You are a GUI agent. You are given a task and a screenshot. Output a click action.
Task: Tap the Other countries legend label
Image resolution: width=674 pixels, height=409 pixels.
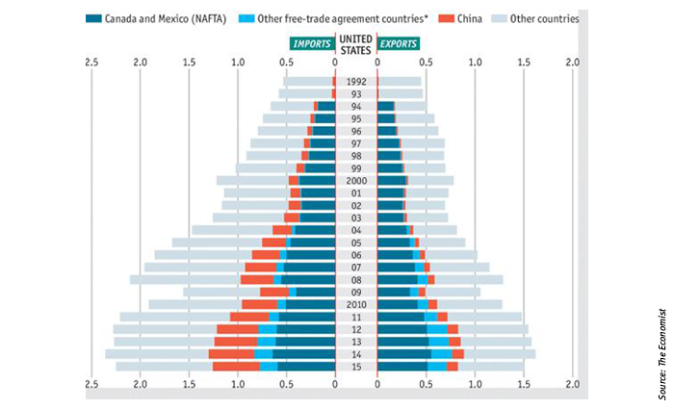(545, 18)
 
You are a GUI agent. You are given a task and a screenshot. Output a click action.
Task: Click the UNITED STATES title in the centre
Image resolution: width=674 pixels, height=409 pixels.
(356, 44)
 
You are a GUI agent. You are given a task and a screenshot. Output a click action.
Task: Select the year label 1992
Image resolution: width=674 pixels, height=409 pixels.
(356, 82)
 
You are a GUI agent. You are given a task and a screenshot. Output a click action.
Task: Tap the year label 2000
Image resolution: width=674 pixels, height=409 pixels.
(356, 181)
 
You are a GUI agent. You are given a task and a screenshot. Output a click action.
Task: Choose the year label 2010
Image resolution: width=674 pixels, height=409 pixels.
(356, 304)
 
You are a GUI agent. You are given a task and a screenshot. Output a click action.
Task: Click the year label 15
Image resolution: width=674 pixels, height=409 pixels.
(356, 367)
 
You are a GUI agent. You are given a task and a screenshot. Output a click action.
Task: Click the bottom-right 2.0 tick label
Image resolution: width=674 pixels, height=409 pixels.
(572, 386)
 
